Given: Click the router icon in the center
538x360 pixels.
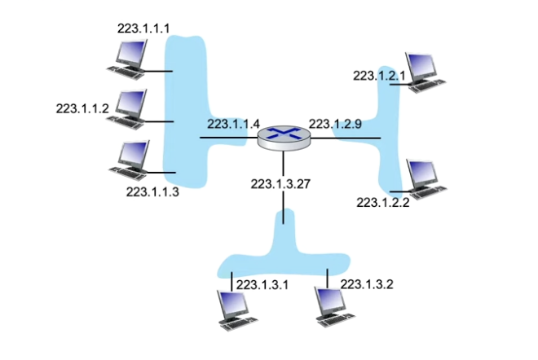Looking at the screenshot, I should [283, 136].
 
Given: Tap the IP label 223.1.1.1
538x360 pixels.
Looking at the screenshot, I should [144, 28].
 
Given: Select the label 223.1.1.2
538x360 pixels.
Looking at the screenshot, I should [82, 108].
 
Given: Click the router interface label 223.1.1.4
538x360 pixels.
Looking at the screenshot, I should [233, 124].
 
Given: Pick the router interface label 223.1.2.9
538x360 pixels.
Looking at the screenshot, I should [335, 124].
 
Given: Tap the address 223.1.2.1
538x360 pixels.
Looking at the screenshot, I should [379, 75].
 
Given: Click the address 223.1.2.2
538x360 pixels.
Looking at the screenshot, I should [383, 203].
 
